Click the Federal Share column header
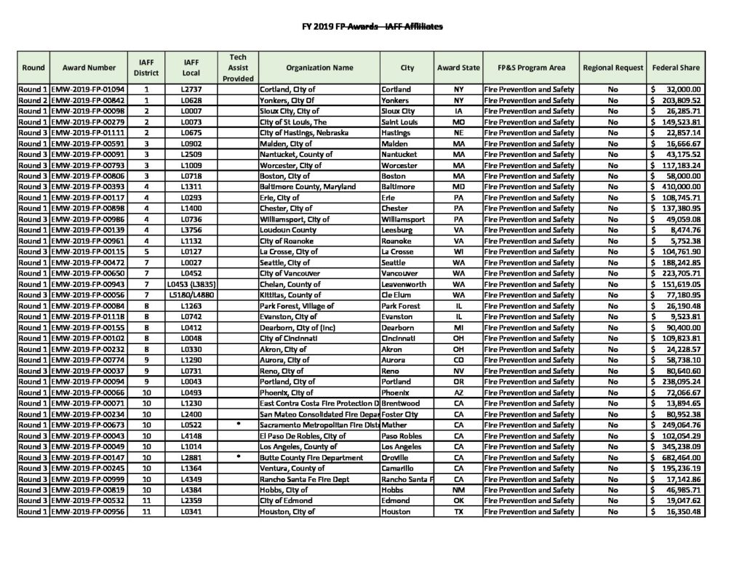pyautogui.click(x=676, y=68)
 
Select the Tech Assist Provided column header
pyautogui.click(x=238, y=68)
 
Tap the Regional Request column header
pyautogui.click(x=613, y=68)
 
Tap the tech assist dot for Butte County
pyautogui.click(x=238, y=457)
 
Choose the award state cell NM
pyautogui.click(x=458, y=490)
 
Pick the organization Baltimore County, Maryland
pyautogui.click(x=308, y=187)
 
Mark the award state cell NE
pyautogui.click(x=458, y=133)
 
